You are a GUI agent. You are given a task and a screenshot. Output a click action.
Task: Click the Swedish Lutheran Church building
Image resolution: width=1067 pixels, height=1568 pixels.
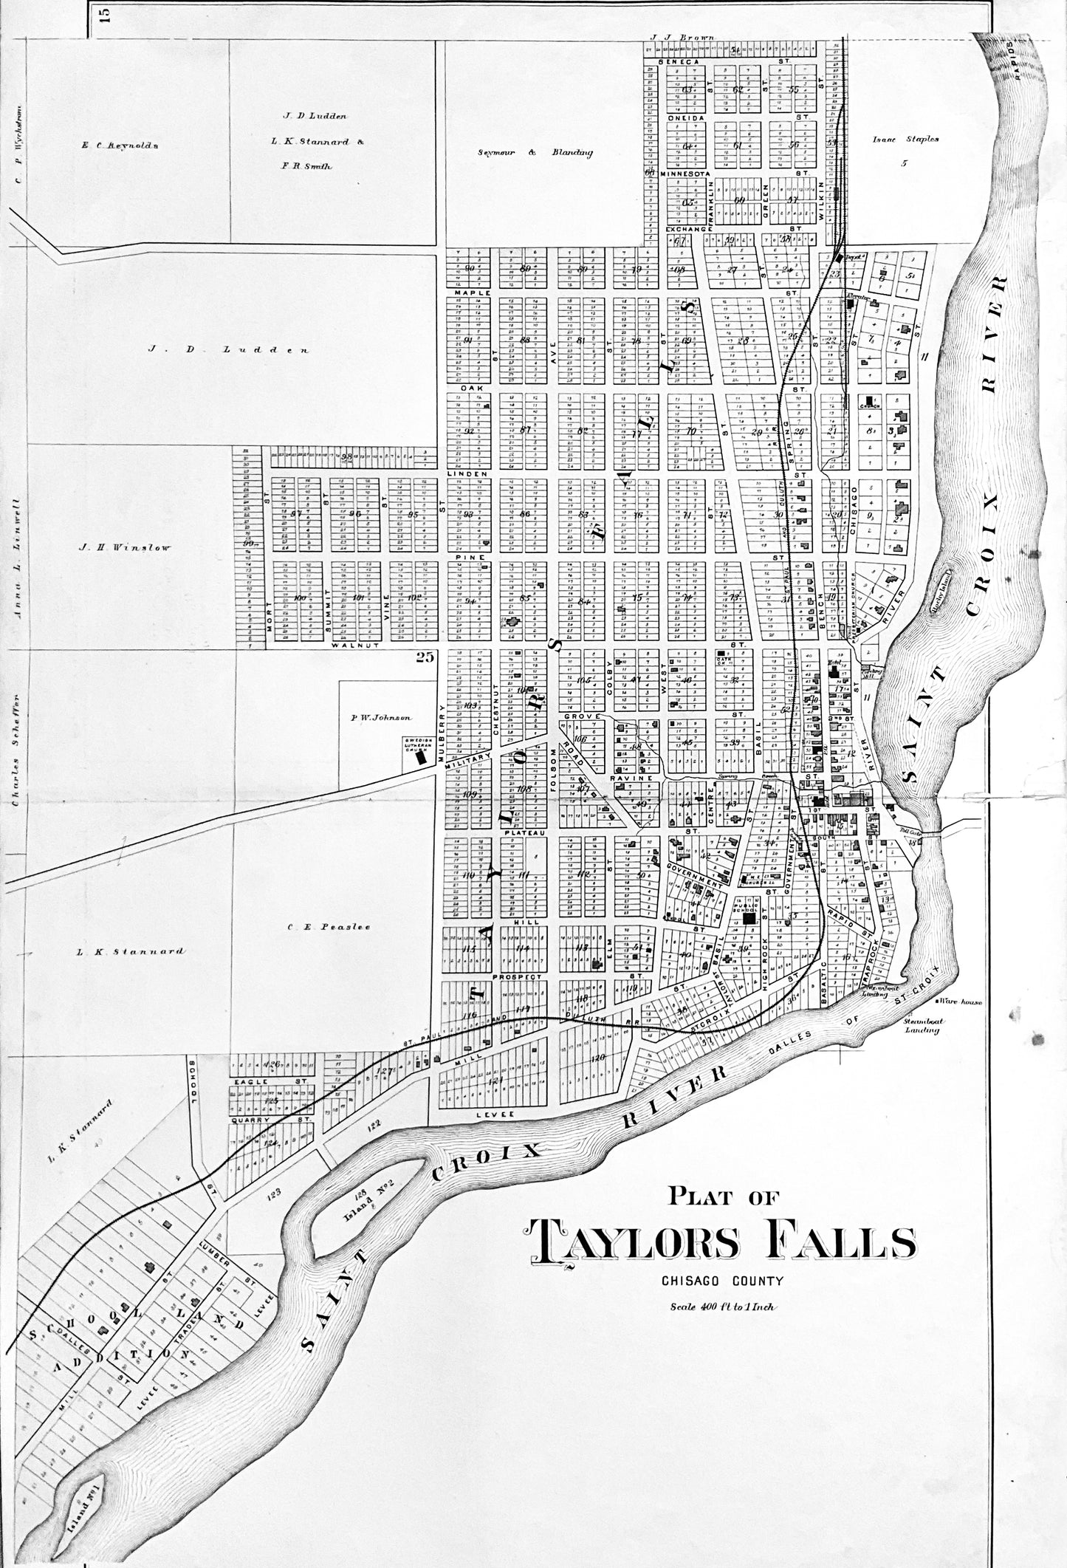tap(422, 756)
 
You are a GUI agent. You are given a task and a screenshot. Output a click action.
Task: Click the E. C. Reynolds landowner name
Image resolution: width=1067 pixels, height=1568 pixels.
tap(121, 145)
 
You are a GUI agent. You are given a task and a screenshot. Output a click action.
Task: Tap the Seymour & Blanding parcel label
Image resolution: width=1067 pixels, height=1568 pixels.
tap(536, 153)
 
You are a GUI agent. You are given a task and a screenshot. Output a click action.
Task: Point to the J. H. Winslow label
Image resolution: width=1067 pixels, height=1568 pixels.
tap(126, 547)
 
